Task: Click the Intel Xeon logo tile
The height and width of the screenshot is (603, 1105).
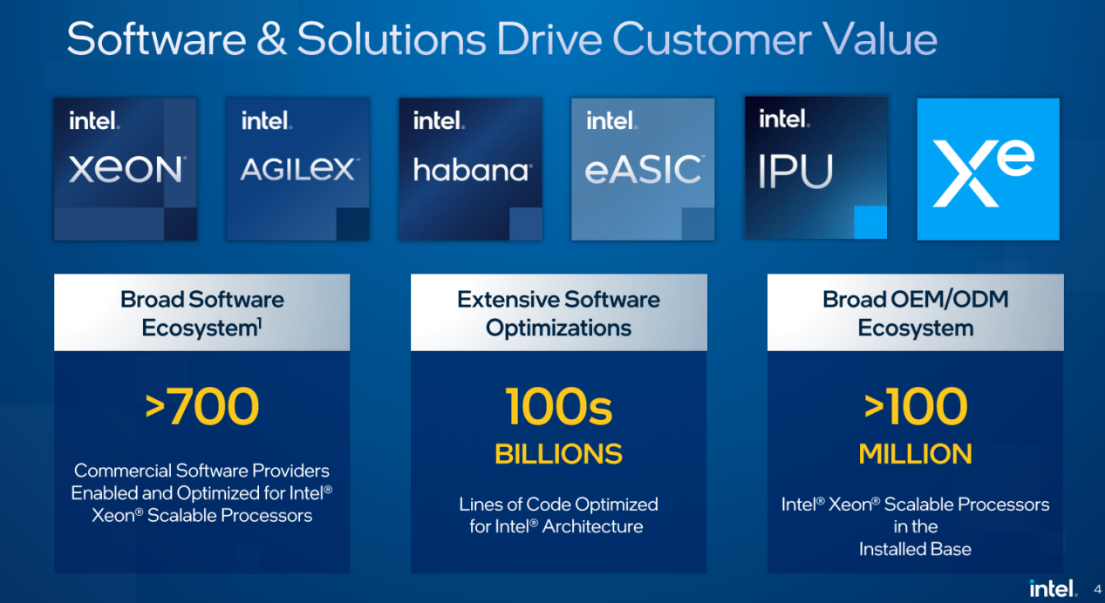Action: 126,169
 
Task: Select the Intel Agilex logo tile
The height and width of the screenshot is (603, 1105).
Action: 298,169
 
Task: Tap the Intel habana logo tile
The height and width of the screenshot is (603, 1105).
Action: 471,169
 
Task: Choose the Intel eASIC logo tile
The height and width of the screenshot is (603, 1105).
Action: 643,169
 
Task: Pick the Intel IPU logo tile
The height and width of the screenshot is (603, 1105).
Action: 816,167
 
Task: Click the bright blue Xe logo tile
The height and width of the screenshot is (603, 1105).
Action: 988,169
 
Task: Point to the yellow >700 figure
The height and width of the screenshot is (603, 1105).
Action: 202,406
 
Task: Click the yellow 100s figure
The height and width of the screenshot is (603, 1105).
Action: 558,406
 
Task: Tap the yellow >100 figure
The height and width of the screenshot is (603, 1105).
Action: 916,406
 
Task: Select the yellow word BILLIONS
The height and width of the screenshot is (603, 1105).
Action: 558,454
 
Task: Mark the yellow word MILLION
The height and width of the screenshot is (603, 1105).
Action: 916,454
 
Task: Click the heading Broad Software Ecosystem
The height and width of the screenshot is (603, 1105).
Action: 202,314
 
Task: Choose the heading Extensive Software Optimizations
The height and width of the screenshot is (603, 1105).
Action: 558,314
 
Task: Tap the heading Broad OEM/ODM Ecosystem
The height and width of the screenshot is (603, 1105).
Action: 916,314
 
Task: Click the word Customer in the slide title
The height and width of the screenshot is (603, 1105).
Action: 712,39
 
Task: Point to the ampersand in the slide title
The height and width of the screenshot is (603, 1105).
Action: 271,38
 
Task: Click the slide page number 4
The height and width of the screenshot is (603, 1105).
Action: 1097,589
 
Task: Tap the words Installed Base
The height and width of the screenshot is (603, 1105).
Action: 915,549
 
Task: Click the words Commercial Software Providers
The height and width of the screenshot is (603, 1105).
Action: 201,471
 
